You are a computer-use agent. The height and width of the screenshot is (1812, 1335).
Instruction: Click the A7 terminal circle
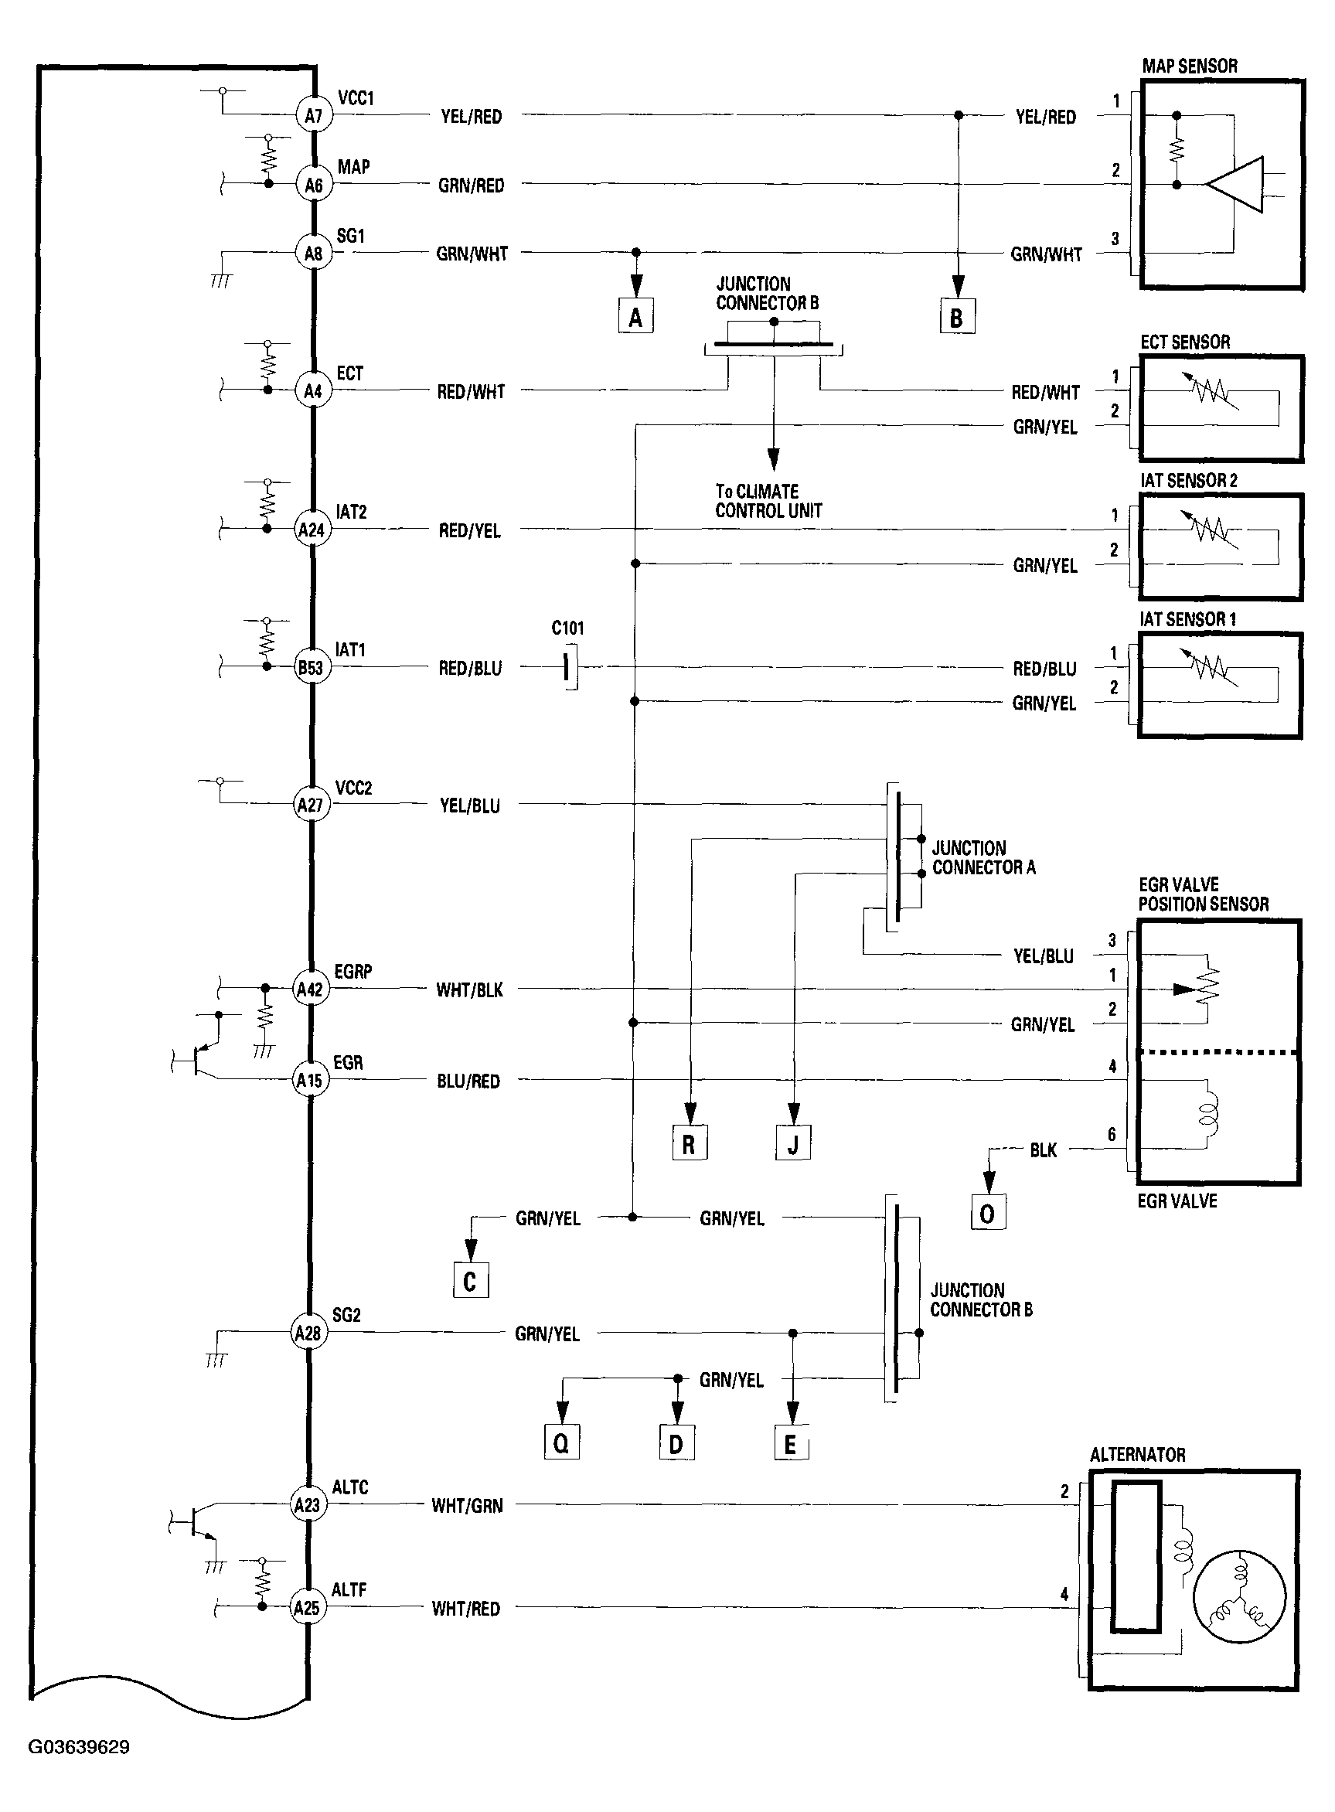coord(313,116)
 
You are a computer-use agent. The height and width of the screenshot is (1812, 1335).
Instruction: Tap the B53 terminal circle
coord(311,668)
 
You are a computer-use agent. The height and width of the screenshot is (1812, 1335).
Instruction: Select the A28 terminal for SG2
coord(308,1333)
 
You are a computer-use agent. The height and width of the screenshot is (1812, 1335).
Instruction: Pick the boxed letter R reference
coord(690,1143)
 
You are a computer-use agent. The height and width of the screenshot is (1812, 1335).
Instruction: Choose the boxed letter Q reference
coord(562,1443)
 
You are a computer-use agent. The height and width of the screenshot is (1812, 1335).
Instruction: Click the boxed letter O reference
coord(987,1213)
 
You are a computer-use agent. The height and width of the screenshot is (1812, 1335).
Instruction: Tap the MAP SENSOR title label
coord(1190,66)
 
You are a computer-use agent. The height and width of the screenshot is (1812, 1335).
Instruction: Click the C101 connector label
coord(567,628)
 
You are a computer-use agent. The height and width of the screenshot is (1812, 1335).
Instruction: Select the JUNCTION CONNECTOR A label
coord(983,857)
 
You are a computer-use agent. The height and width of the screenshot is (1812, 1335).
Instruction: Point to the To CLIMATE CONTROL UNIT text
coord(768,501)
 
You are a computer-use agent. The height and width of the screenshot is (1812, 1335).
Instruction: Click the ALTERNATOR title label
coord(1137,1455)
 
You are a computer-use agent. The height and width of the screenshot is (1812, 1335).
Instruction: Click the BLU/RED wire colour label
coord(468,1081)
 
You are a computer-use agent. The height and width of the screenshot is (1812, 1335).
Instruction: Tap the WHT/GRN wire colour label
coord(467,1506)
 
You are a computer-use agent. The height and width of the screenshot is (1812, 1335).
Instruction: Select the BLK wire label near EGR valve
coord(1044,1150)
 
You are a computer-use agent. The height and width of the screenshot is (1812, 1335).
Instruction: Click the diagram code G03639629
coord(79,1746)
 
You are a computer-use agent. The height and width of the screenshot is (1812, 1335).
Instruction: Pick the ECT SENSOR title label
coord(1185,342)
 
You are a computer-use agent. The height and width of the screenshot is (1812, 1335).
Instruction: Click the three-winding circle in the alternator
coord(1238,1596)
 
